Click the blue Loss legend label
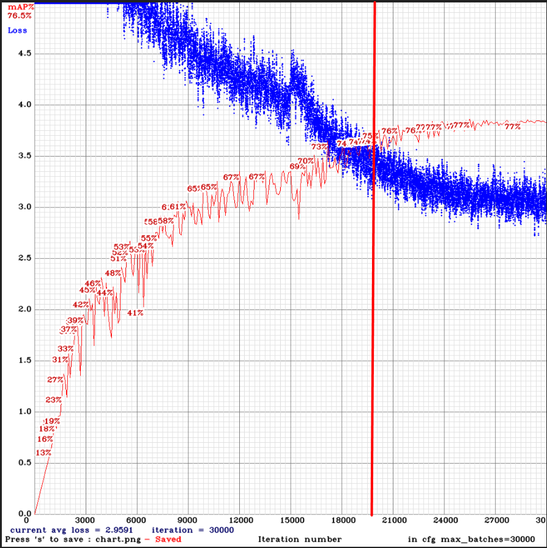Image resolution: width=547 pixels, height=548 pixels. (x=17, y=30)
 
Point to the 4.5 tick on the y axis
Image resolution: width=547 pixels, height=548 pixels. (x=25, y=54)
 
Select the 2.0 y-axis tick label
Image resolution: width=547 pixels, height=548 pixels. (x=25, y=309)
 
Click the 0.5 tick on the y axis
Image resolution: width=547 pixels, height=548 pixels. (x=25, y=462)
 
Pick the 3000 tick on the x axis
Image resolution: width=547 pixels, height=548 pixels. (x=86, y=520)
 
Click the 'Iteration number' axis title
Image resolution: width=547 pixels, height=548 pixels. (x=300, y=539)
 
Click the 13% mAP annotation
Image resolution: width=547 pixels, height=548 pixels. (x=43, y=453)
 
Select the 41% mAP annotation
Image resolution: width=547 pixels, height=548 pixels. (x=135, y=313)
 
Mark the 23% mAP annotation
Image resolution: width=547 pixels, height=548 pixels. (x=53, y=400)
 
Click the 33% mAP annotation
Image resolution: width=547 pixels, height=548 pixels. (x=65, y=349)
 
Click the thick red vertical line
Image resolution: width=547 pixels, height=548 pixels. (x=373, y=306)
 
